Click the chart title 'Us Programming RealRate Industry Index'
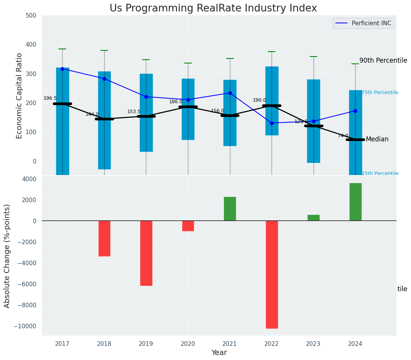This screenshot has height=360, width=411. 213,8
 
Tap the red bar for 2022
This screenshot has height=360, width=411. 272,274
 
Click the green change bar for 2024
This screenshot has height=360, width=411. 355,202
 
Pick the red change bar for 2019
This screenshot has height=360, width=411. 146,253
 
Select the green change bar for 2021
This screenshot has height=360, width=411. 230,209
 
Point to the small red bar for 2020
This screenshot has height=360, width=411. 188,226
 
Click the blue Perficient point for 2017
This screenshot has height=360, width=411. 62,69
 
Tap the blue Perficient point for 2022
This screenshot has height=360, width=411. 272,123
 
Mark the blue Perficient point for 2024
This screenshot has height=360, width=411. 355,111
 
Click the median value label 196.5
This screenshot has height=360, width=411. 50,98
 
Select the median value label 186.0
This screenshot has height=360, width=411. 176,102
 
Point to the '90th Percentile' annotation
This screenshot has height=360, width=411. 383,60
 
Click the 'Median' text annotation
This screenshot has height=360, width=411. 377,139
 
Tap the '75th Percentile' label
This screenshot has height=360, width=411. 380,92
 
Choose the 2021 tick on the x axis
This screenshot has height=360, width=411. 230,344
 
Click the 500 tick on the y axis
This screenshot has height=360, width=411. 31,15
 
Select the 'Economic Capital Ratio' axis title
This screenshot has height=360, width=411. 19,96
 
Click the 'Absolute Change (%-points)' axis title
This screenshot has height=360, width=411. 7,256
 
